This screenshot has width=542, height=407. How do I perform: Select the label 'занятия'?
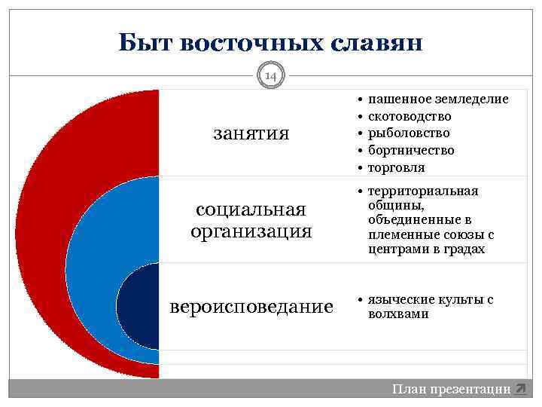point(251,133)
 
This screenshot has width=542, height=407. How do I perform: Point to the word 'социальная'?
point(251,209)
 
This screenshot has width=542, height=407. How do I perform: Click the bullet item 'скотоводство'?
point(410,116)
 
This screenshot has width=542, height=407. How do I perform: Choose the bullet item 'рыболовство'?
point(408,133)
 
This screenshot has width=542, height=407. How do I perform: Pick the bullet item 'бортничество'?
point(411,150)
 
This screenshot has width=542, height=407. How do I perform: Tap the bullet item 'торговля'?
point(396,167)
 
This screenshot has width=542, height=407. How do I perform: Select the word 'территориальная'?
point(423,191)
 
